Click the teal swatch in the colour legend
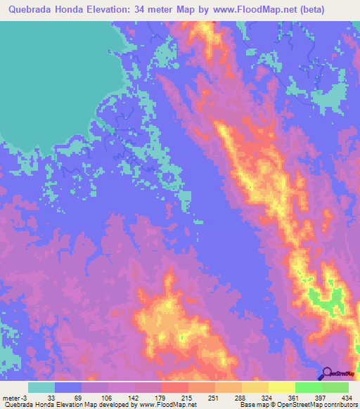(41, 387)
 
